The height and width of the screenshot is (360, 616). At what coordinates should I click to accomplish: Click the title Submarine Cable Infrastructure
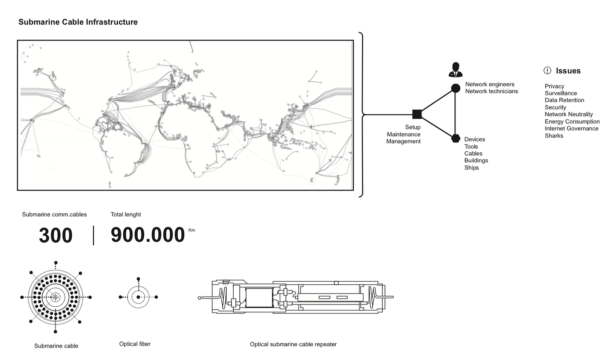click(x=78, y=22)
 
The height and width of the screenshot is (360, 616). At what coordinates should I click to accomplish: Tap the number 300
click(x=55, y=235)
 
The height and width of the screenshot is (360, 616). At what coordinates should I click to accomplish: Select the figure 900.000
click(x=147, y=235)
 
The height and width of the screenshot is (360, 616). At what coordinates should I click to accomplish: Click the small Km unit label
click(x=191, y=230)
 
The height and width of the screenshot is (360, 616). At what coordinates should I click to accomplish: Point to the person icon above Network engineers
click(x=455, y=70)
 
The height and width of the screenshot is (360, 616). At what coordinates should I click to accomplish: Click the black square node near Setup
click(x=417, y=114)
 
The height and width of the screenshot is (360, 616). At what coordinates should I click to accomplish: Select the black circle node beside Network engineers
click(x=455, y=88)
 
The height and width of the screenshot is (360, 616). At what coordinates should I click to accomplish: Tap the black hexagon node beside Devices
click(x=455, y=139)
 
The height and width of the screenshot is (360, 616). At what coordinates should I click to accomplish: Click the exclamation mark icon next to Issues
click(x=547, y=70)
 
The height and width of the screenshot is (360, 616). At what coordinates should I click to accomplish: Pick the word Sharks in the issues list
click(x=554, y=136)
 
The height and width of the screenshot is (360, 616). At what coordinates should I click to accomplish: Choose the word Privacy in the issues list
click(x=554, y=86)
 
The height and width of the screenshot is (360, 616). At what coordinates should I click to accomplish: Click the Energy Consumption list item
click(x=572, y=121)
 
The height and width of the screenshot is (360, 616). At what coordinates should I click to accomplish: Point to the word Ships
click(x=472, y=168)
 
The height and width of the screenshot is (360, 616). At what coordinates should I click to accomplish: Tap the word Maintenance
click(x=403, y=134)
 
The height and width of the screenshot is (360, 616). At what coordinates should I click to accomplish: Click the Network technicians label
click(x=491, y=92)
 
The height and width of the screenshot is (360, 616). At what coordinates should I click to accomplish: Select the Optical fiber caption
click(x=135, y=344)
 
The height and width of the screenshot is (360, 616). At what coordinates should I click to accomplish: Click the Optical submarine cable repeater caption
click(x=293, y=344)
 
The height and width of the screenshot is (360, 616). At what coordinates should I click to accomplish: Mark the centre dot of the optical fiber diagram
click(x=138, y=297)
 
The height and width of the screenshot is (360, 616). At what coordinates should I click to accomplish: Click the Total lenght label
click(x=126, y=214)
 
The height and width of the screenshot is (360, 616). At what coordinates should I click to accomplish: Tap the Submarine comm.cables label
click(x=55, y=214)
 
